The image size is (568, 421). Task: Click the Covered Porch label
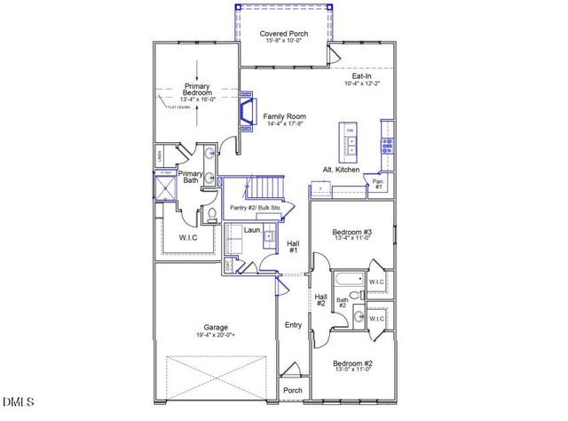point(283,35)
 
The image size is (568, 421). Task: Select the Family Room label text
point(284,117)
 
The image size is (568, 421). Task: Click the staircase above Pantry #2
point(265,188)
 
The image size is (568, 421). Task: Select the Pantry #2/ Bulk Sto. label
point(257,208)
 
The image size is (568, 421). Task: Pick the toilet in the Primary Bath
point(212,213)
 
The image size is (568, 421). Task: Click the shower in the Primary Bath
point(165,188)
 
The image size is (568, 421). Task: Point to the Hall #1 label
point(293,246)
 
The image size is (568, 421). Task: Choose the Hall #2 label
point(321,300)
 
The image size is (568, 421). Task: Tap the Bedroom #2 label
point(353,363)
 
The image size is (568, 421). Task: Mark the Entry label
point(293,325)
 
